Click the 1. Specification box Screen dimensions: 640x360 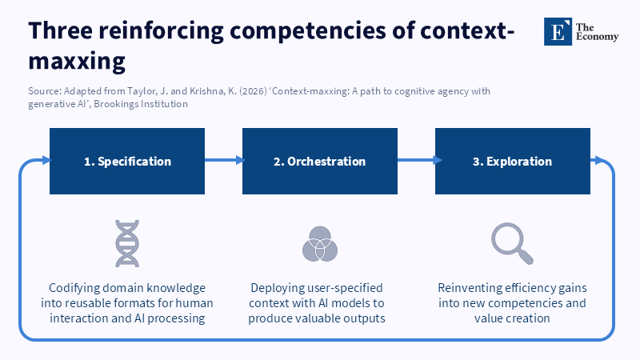(127, 162)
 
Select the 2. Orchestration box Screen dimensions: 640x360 (319, 162)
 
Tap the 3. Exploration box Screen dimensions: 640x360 (512, 162)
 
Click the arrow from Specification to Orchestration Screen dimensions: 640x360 (224, 160)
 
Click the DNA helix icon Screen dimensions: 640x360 (127, 244)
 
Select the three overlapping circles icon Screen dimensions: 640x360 (319, 244)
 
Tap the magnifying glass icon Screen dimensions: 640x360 (512, 244)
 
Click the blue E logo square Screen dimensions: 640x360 (558, 31)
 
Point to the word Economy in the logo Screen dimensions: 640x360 (597, 37)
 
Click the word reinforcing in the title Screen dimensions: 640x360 (161, 31)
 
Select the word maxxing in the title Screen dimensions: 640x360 (77, 62)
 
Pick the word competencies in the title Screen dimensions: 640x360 (308, 31)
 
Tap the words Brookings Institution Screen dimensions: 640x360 (141, 104)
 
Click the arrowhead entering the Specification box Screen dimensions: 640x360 (46, 160)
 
